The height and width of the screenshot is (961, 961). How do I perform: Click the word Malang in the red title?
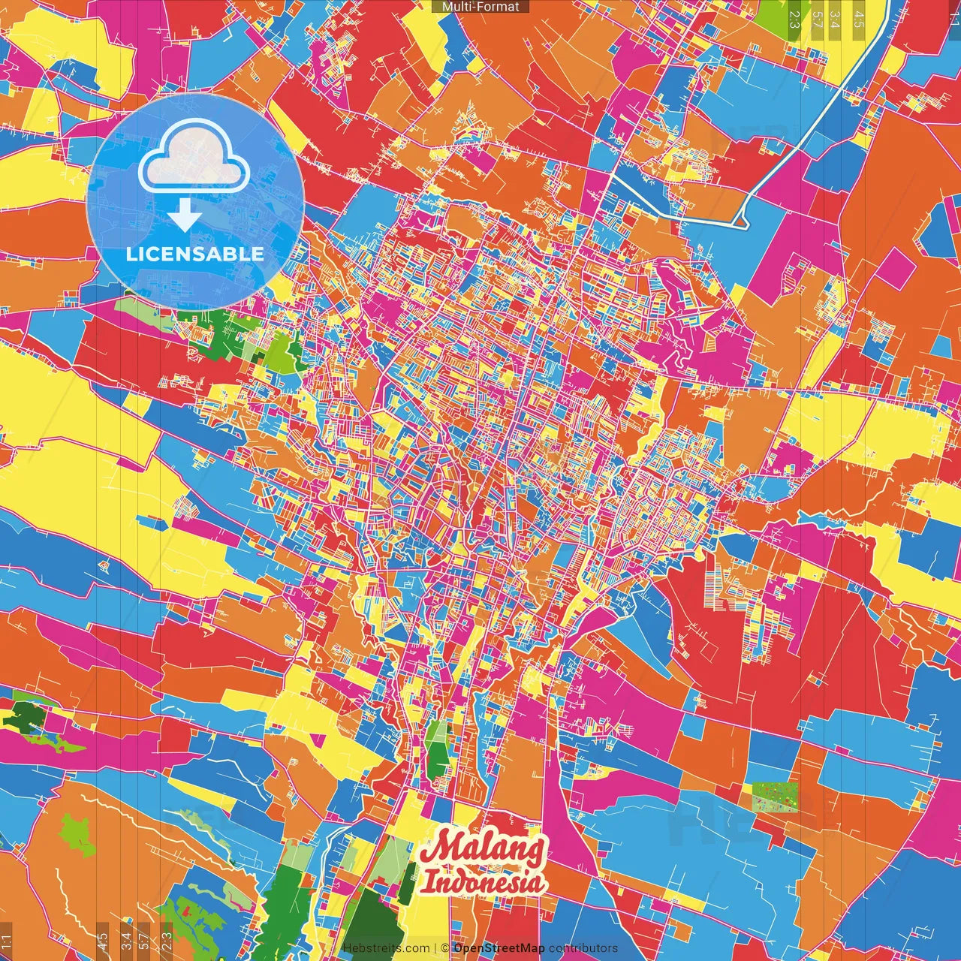484,850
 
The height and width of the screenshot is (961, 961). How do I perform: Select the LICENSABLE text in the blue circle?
195,254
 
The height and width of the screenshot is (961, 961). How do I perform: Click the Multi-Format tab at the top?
480,7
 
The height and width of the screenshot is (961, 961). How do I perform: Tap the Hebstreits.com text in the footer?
387,948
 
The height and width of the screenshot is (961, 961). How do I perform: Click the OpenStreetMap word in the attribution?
499,948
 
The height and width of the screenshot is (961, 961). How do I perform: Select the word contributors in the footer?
583,948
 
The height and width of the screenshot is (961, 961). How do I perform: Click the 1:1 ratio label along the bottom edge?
6,941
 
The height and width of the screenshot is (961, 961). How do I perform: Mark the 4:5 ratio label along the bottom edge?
103,941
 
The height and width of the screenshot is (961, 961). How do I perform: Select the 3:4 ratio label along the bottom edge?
125,941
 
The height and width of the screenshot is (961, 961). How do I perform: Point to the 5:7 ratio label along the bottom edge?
144,941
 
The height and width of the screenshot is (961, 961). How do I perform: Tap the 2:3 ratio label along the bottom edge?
167,941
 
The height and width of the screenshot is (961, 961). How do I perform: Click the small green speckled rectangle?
775,797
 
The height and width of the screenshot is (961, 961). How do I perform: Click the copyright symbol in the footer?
444,948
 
